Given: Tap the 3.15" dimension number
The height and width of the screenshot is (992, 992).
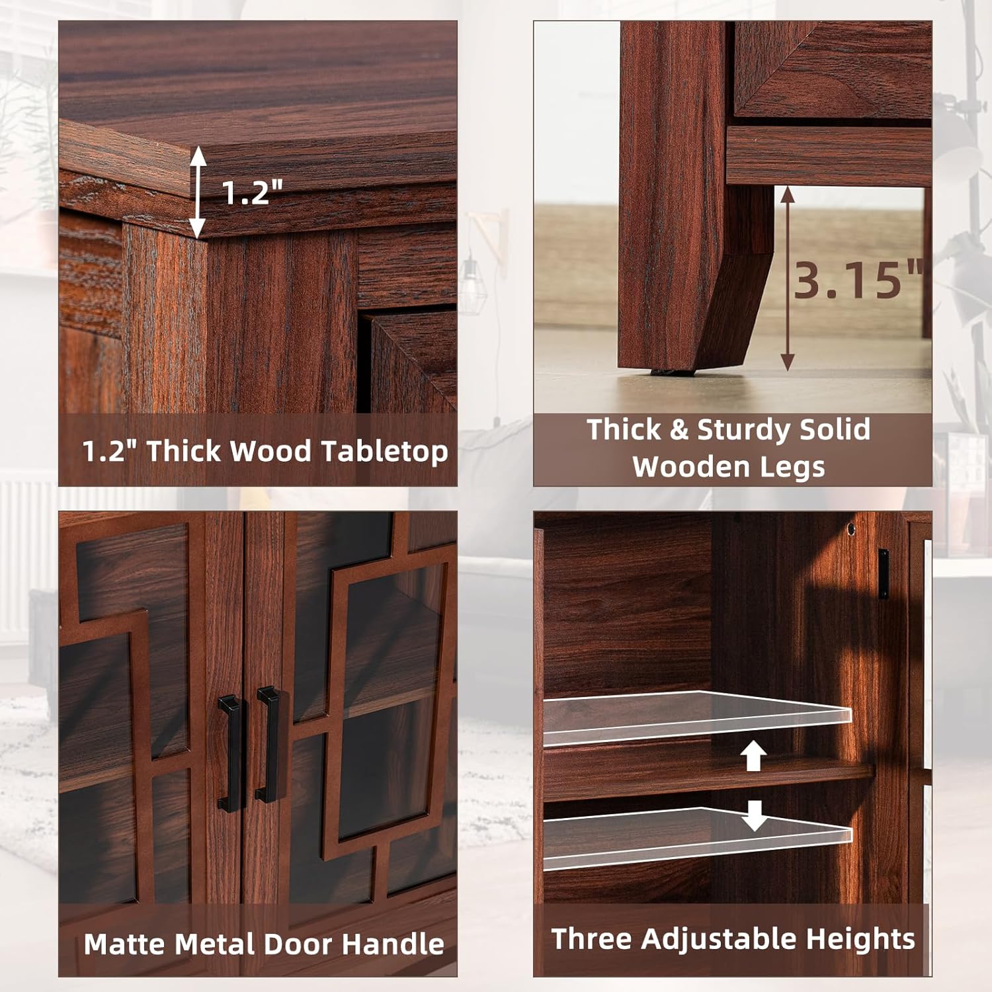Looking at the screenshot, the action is tap(857, 279).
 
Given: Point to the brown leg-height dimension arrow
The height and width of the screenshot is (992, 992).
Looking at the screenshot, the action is tap(787, 278).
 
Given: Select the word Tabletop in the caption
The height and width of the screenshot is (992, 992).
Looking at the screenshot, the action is tap(385, 452).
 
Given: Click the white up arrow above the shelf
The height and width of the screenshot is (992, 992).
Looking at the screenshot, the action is tap(753, 755).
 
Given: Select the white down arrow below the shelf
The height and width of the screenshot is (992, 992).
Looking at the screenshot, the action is tap(754, 815).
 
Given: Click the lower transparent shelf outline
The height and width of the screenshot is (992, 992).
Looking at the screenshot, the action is tap(698, 837).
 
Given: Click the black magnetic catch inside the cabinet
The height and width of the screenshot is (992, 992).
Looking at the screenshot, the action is tap(883, 573).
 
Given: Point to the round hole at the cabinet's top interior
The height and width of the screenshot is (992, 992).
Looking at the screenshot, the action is tap(851, 529).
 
